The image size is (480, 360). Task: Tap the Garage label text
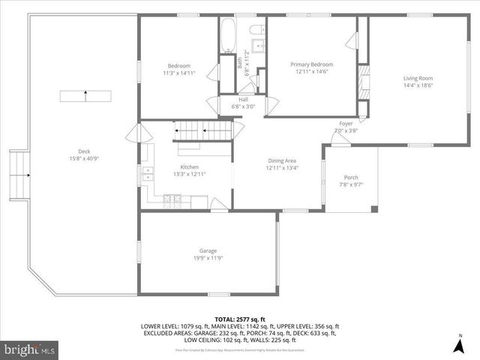208,250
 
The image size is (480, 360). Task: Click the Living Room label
418,78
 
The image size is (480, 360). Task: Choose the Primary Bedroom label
312,64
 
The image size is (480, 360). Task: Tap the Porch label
351,177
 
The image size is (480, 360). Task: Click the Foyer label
346,123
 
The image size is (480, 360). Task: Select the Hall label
243,99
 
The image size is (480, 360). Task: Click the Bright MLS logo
30,349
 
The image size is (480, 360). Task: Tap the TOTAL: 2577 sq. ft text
240,319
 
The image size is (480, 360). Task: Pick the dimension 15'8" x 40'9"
84,158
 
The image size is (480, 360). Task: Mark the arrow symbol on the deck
85,96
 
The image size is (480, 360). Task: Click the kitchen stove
172,200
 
